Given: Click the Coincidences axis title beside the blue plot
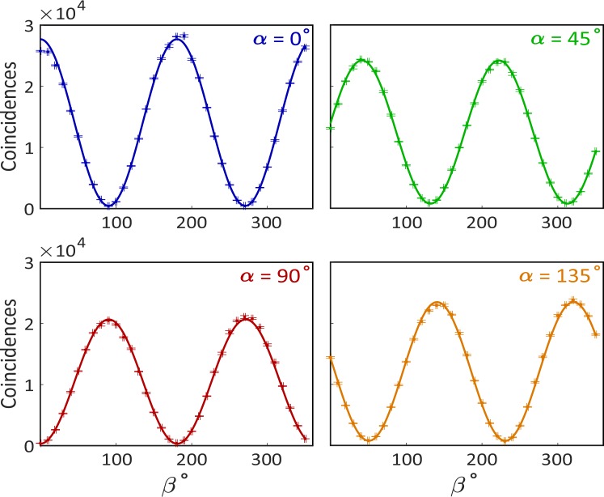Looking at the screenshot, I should pyautogui.click(x=11, y=118).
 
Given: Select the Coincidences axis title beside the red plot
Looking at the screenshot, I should pyautogui.click(x=11, y=355).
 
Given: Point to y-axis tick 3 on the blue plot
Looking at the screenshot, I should pyautogui.click(x=29, y=26).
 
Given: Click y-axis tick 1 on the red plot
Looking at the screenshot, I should pyautogui.click(x=29, y=384).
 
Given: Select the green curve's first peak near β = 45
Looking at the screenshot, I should pyautogui.click(x=361, y=61).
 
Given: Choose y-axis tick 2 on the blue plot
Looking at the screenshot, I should pyautogui.click(x=29, y=87).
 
